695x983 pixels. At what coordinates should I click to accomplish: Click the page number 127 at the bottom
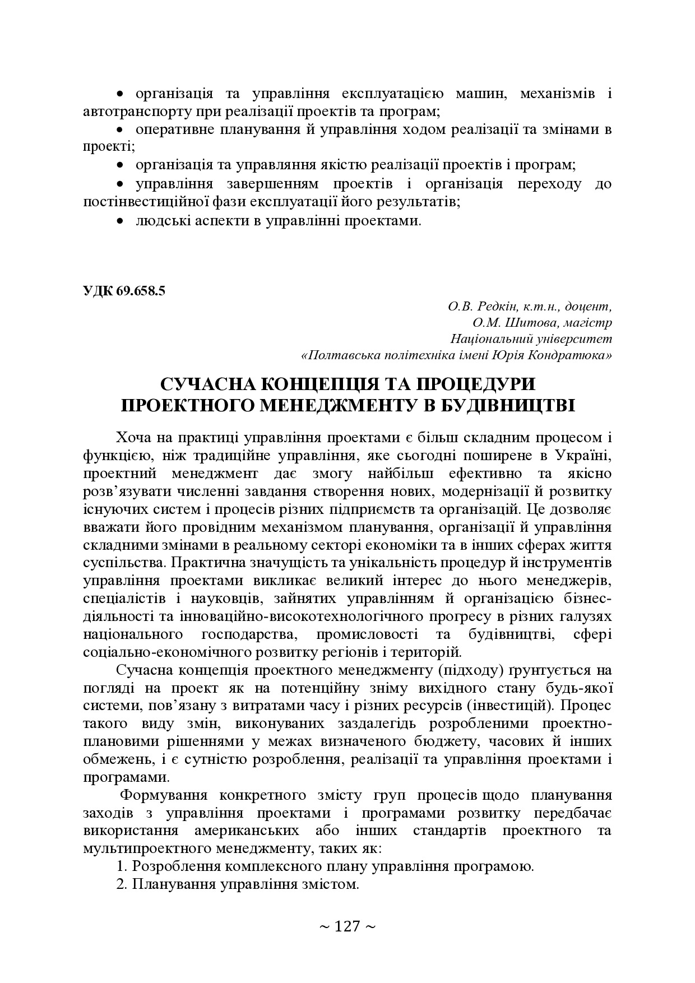tap(347, 926)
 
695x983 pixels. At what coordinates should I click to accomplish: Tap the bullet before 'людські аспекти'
tap(119, 221)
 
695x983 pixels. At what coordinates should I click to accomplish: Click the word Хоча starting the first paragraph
tap(134, 438)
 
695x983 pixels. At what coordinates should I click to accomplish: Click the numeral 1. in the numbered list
tap(122, 866)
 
